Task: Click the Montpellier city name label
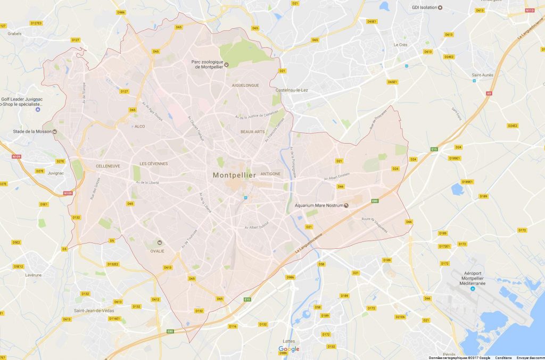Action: [234, 175]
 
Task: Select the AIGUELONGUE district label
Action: [245, 85]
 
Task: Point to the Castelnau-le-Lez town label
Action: [292, 90]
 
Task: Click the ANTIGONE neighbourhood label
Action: [271, 173]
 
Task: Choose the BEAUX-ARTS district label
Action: [252, 131]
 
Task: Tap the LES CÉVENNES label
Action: [153, 163]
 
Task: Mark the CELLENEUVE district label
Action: [108, 166]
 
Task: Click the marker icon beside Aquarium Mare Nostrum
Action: [346, 205]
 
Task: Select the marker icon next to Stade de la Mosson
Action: [54, 131]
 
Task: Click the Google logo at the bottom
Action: [289, 349]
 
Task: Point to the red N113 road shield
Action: [529, 10]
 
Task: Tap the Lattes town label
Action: [289, 341]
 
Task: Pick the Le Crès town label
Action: [400, 45]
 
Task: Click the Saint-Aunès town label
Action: [482, 75]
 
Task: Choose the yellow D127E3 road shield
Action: [36, 23]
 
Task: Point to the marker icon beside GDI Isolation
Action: [440, 7]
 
